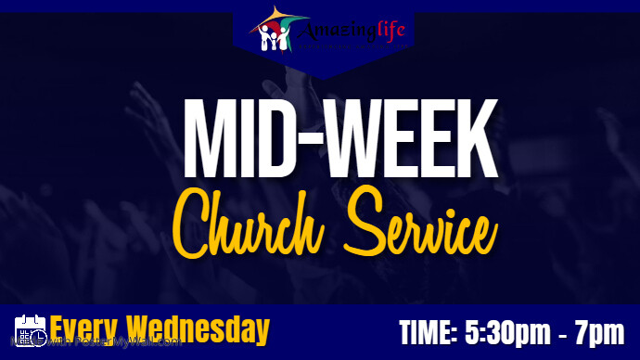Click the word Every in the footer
[x=86, y=329]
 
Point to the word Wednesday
[x=198, y=329]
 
